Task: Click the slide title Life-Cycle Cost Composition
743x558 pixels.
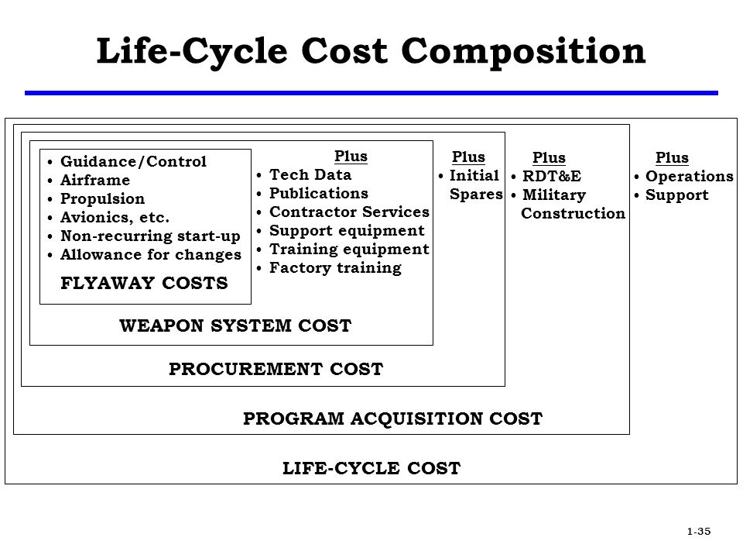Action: (371, 51)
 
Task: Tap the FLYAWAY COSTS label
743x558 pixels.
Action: (144, 283)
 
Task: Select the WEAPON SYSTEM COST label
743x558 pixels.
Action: (235, 325)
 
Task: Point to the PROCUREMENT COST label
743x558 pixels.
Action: (276, 369)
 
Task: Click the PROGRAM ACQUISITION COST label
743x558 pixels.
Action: (393, 418)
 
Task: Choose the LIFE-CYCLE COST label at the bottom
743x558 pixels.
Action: (371, 468)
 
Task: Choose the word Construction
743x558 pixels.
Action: (574, 213)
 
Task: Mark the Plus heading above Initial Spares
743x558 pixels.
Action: (468, 157)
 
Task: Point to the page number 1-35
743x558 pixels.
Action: (699, 531)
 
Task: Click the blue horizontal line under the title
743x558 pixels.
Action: (371, 93)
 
